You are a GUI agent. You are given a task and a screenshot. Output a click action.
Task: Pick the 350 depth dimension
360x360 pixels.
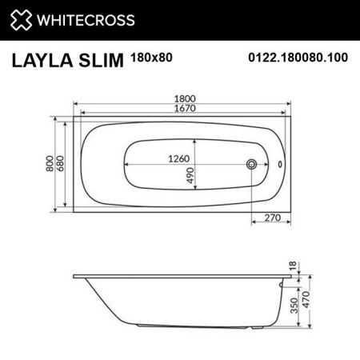click(x=293, y=306)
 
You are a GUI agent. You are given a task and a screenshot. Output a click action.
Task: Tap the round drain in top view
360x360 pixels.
click(x=253, y=164)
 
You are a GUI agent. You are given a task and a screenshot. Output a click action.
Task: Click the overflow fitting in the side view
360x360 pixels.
click(x=282, y=281)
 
